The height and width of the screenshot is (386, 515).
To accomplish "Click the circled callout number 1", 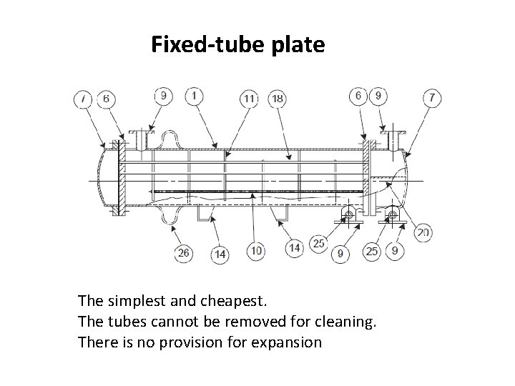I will pos(194,95).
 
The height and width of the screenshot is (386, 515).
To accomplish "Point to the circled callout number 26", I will pos(184,252).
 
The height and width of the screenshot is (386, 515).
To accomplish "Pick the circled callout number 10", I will pos(255,250).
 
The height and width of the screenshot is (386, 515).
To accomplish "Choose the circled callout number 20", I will pos(423,232).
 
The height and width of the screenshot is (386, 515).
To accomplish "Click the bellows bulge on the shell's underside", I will pos(172,214).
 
